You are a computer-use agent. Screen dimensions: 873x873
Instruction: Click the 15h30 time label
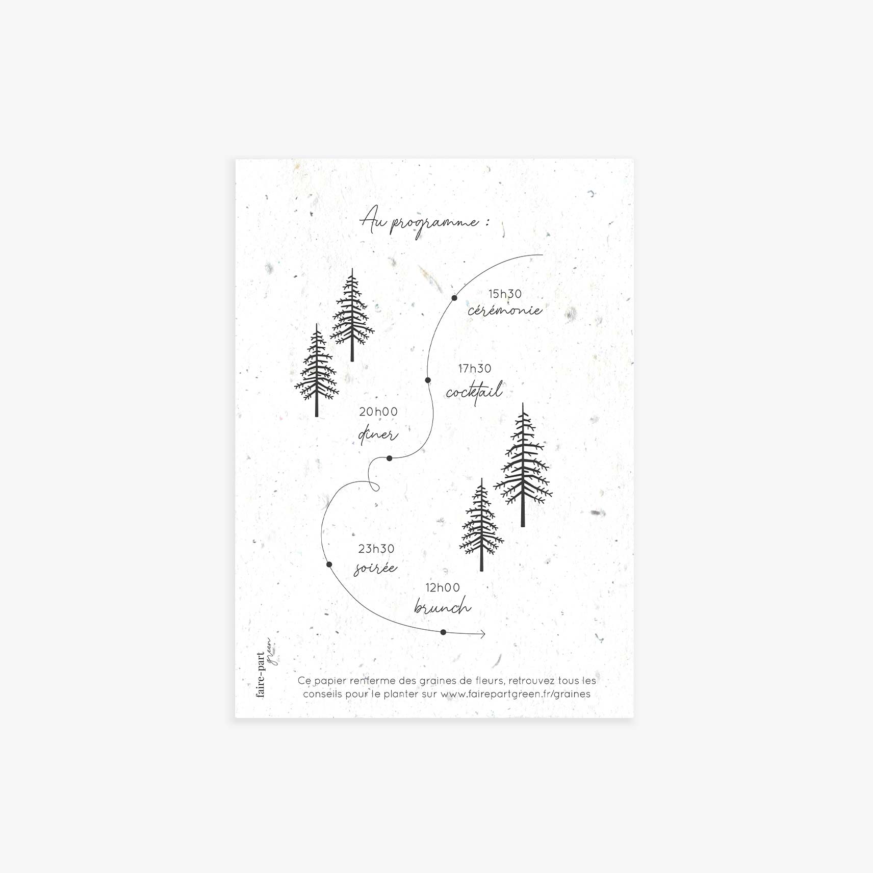(x=505, y=294)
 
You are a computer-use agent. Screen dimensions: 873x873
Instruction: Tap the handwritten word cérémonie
(x=504, y=310)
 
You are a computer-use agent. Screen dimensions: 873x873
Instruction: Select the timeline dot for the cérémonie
(x=454, y=298)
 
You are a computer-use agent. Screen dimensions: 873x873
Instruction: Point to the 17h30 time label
(x=474, y=369)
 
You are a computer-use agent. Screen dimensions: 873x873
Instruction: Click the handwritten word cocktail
(x=474, y=392)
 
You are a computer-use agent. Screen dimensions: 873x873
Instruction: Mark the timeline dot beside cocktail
(x=428, y=380)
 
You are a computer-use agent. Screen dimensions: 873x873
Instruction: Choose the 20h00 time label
(x=378, y=412)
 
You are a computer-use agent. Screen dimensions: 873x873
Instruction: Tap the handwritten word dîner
(x=378, y=435)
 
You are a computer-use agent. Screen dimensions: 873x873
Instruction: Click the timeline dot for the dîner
(x=390, y=458)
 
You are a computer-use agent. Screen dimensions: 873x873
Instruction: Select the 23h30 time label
(x=376, y=549)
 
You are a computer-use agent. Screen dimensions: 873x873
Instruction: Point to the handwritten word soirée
(x=375, y=568)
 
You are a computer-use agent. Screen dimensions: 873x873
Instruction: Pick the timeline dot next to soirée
(x=329, y=564)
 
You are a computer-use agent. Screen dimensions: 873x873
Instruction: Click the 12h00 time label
(x=443, y=588)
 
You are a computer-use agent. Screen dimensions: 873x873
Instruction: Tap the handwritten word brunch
(x=442, y=607)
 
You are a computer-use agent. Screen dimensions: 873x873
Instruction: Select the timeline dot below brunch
(x=443, y=632)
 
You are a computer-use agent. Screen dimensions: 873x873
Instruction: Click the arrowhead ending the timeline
(x=482, y=634)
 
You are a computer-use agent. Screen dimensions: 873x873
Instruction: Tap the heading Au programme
(x=424, y=223)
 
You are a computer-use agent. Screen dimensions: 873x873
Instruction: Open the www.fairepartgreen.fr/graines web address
(x=515, y=694)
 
